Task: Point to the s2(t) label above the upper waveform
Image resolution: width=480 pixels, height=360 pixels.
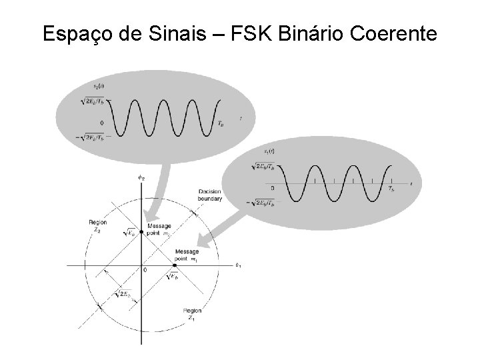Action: coord(100,87)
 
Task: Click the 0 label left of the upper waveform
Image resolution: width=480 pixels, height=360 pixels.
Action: coord(101,123)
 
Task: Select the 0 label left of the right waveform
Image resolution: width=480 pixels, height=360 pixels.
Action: coord(272,187)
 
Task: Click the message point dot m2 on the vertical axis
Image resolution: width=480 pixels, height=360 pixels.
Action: coord(141,232)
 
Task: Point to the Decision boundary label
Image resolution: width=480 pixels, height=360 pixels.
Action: coord(210,195)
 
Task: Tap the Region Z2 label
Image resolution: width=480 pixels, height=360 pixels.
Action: coord(98,225)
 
